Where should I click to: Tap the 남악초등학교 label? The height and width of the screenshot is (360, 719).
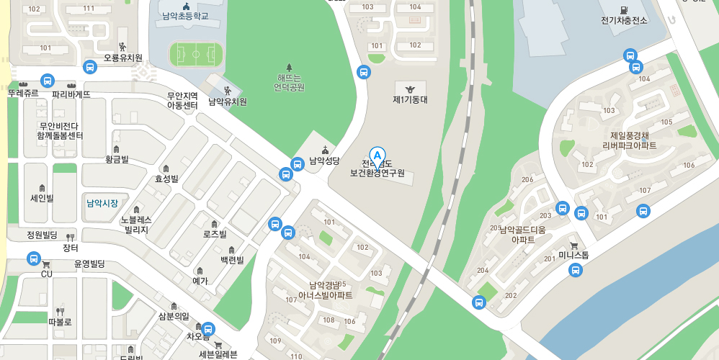pos(185,16)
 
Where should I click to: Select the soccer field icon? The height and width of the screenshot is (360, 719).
pos(196,54)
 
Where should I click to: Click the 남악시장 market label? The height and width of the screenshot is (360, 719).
pos(102,203)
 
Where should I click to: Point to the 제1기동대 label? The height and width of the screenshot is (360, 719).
pos(410,99)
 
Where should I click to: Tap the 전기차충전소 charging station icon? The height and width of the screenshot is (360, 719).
pos(624,8)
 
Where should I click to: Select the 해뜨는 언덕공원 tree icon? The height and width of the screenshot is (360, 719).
pos(290,67)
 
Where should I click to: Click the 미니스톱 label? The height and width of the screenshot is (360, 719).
pos(573,255)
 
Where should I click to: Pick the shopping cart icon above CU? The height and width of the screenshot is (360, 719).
pos(46,264)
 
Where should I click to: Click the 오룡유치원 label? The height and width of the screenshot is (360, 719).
pos(123,58)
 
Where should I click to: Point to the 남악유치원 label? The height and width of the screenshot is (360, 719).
pos(228,102)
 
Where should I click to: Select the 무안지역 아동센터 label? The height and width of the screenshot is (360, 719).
pos(182,101)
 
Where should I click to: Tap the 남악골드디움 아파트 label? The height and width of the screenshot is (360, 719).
pos(532,235)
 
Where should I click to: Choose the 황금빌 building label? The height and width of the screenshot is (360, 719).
pos(117,159)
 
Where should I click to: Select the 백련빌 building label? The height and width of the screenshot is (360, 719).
pos(232,260)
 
